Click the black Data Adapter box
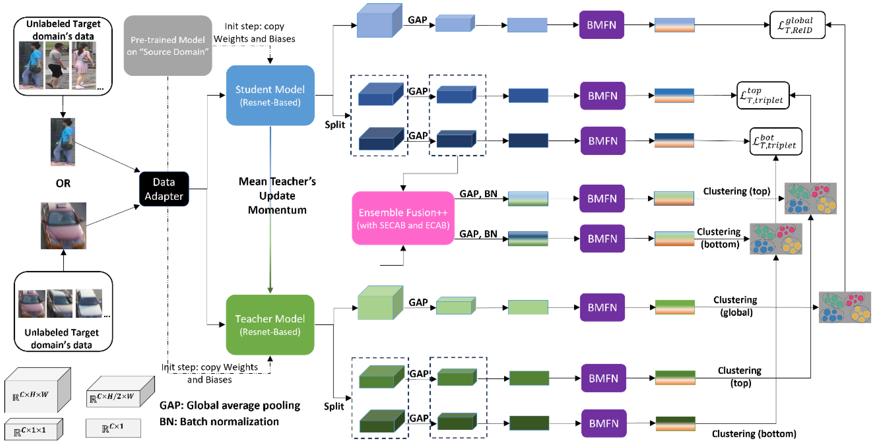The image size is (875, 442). click(164, 189)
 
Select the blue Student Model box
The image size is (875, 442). click(270, 96)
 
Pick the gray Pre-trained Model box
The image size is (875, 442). click(168, 45)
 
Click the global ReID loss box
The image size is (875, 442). click(797, 25)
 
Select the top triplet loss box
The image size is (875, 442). click(763, 96)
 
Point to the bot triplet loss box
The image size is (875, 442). click(776, 141)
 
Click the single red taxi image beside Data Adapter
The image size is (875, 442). click(64, 226)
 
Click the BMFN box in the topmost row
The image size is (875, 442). click(601, 25)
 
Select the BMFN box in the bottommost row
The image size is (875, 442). click(604, 423)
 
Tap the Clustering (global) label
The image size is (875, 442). click(736, 306)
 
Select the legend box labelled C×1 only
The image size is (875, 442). click(113, 428)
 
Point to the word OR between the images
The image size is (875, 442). click(63, 183)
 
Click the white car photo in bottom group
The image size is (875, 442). click(89, 303)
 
